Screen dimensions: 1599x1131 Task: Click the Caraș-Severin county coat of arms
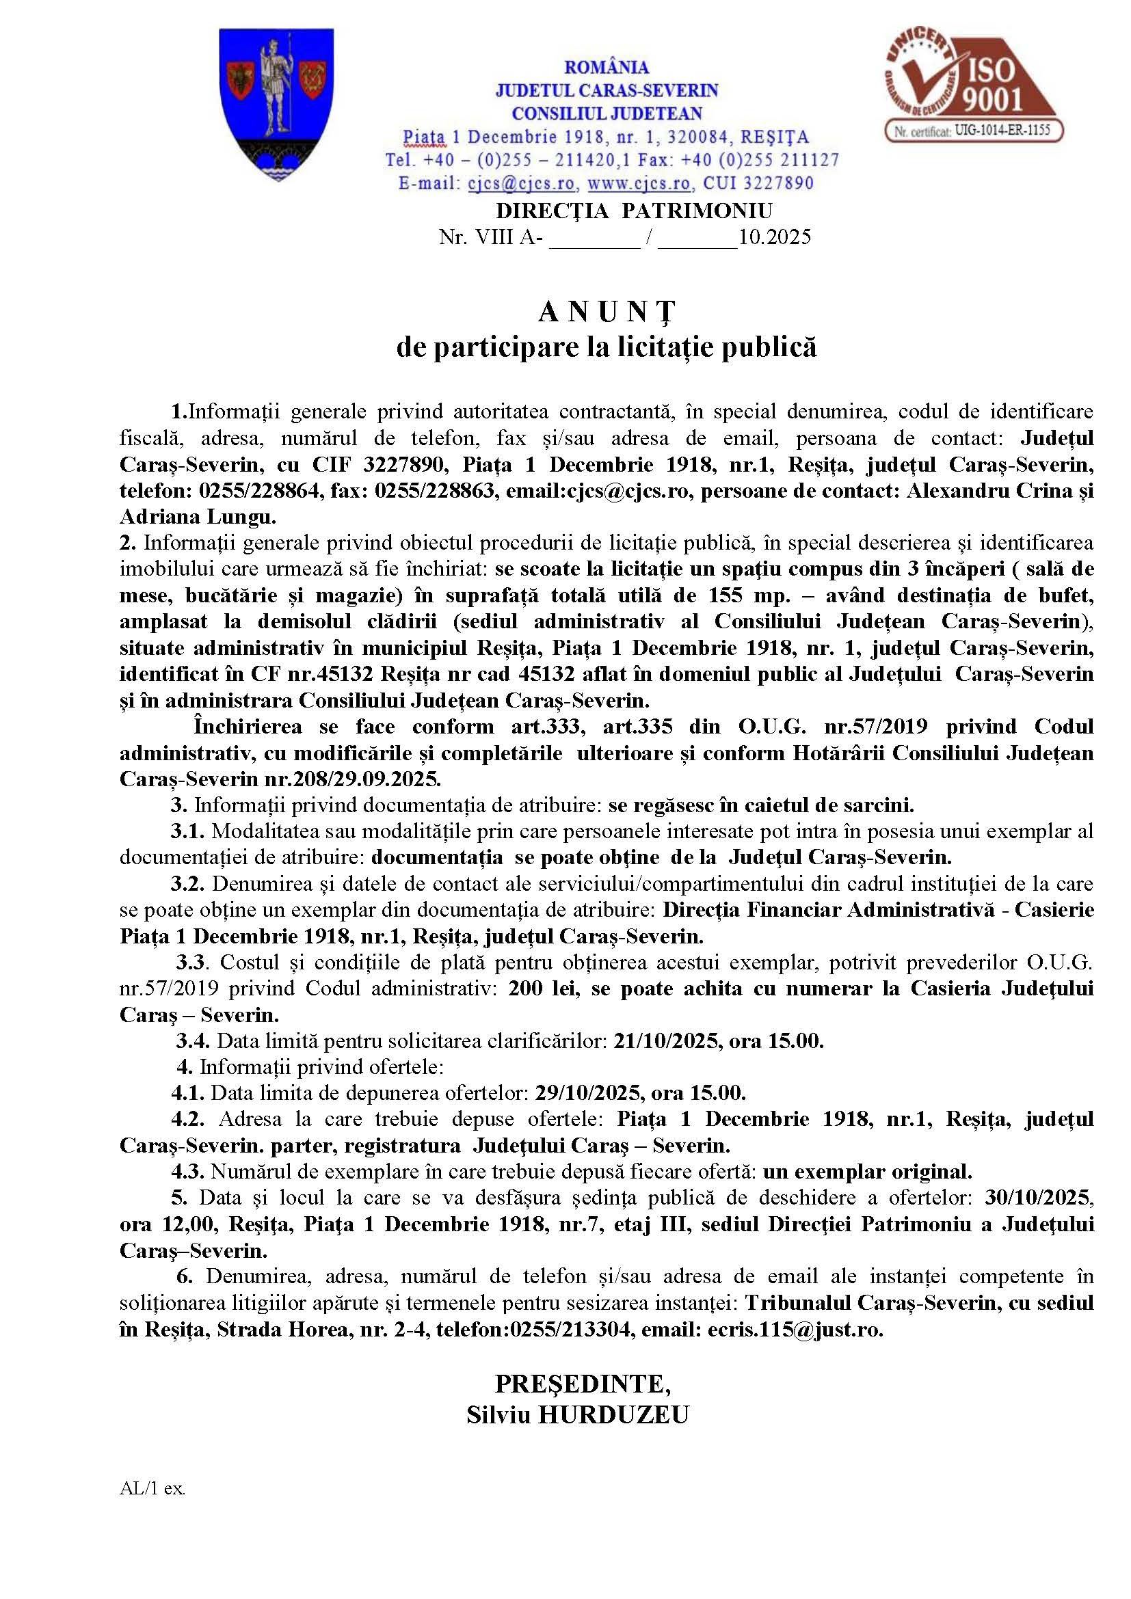click(x=276, y=105)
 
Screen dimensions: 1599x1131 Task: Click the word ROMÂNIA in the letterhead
click(x=606, y=68)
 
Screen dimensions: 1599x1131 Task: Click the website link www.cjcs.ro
click(x=639, y=183)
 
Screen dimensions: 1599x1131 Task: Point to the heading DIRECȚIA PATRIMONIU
click(x=634, y=211)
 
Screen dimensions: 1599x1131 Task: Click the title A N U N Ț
click(x=606, y=312)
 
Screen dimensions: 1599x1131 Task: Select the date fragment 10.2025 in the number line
click(x=775, y=237)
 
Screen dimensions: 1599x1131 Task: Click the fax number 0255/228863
click(x=437, y=491)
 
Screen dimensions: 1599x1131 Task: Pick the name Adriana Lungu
click(x=198, y=518)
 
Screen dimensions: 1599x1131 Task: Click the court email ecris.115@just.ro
click(x=795, y=1330)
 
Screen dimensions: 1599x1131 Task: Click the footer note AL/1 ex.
click(x=152, y=1488)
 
